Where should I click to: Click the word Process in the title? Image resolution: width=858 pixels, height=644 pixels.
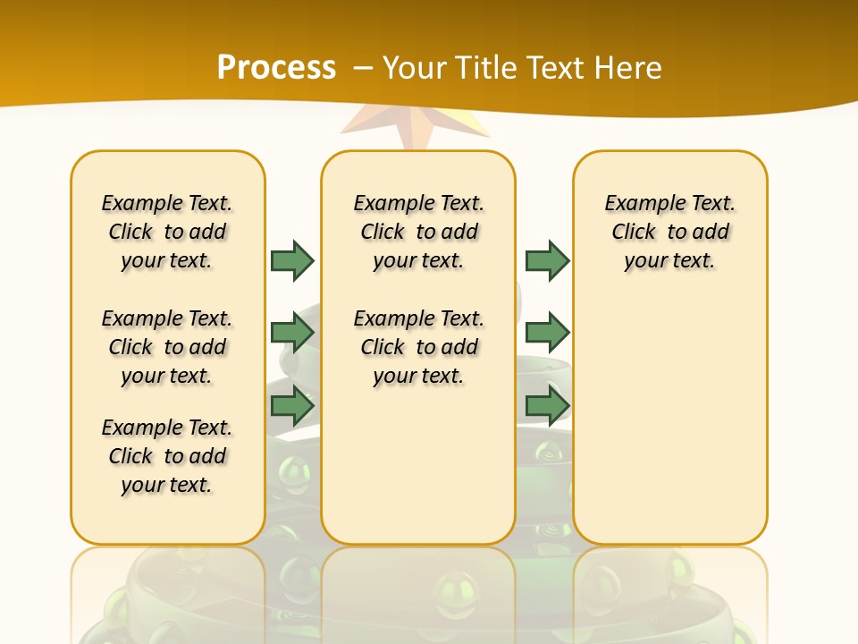[x=276, y=68]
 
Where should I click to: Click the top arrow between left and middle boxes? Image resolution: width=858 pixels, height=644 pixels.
[x=292, y=260]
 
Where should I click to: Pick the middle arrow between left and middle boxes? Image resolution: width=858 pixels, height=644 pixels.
[x=292, y=333]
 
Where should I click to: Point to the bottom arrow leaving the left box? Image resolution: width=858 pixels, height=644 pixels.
[x=292, y=405]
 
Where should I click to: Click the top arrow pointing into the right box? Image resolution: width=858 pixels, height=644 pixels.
[x=547, y=260]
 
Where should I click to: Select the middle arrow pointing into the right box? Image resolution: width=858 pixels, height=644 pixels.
[x=547, y=333]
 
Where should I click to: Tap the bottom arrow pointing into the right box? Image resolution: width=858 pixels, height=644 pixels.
[x=547, y=405]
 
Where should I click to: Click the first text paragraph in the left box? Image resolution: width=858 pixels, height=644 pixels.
[x=167, y=232]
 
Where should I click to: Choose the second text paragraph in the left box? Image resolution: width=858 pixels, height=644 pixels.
[x=167, y=347]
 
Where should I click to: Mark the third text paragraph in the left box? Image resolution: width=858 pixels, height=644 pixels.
[x=167, y=456]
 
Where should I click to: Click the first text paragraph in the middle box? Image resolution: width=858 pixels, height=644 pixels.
[x=418, y=232]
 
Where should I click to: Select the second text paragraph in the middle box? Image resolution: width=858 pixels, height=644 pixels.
[x=418, y=347]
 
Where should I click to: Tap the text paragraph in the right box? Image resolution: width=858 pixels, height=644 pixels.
[x=670, y=232]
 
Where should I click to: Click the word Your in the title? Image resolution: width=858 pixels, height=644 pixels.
[x=416, y=68]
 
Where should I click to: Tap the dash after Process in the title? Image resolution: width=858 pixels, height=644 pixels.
[x=363, y=68]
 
